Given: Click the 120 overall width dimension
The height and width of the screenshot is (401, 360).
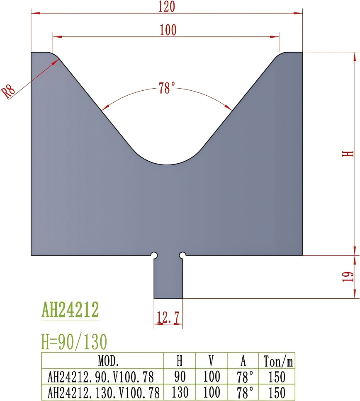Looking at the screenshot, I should click(x=167, y=7).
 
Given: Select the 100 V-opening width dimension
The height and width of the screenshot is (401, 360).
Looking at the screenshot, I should click(x=168, y=30).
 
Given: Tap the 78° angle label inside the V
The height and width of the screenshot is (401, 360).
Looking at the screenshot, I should click(x=167, y=88).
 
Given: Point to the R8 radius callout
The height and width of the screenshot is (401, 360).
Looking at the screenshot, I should click(x=9, y=91).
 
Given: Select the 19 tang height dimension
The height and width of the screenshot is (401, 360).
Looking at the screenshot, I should click(x=350, y=277).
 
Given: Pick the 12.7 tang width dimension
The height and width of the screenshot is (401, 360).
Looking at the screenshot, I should click(x=168, y=318).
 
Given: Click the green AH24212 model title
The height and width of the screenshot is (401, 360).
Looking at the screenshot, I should click(x=70, y=309).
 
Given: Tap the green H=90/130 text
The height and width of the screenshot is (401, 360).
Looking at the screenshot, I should click(x=74, y=342).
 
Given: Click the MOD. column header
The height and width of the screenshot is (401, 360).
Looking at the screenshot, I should click(x=109, y=362).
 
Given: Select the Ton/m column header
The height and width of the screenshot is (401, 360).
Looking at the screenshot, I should click(x=278, y=362).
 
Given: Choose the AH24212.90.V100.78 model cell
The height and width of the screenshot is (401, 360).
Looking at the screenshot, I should click(x=101, y=377).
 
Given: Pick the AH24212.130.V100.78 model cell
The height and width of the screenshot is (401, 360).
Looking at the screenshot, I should click(x=103, y=392).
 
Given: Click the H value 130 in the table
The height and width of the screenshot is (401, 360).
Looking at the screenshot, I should click(x=180, y=392).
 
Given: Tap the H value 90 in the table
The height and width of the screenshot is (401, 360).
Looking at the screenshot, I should click(x=180, y=377).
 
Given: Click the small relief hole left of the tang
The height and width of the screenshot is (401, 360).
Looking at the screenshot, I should click(x=154, y=255).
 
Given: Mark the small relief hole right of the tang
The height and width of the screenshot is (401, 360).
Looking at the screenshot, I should click(x=182, y=255).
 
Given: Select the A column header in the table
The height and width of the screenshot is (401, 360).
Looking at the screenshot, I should click(x=243, y=362).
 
